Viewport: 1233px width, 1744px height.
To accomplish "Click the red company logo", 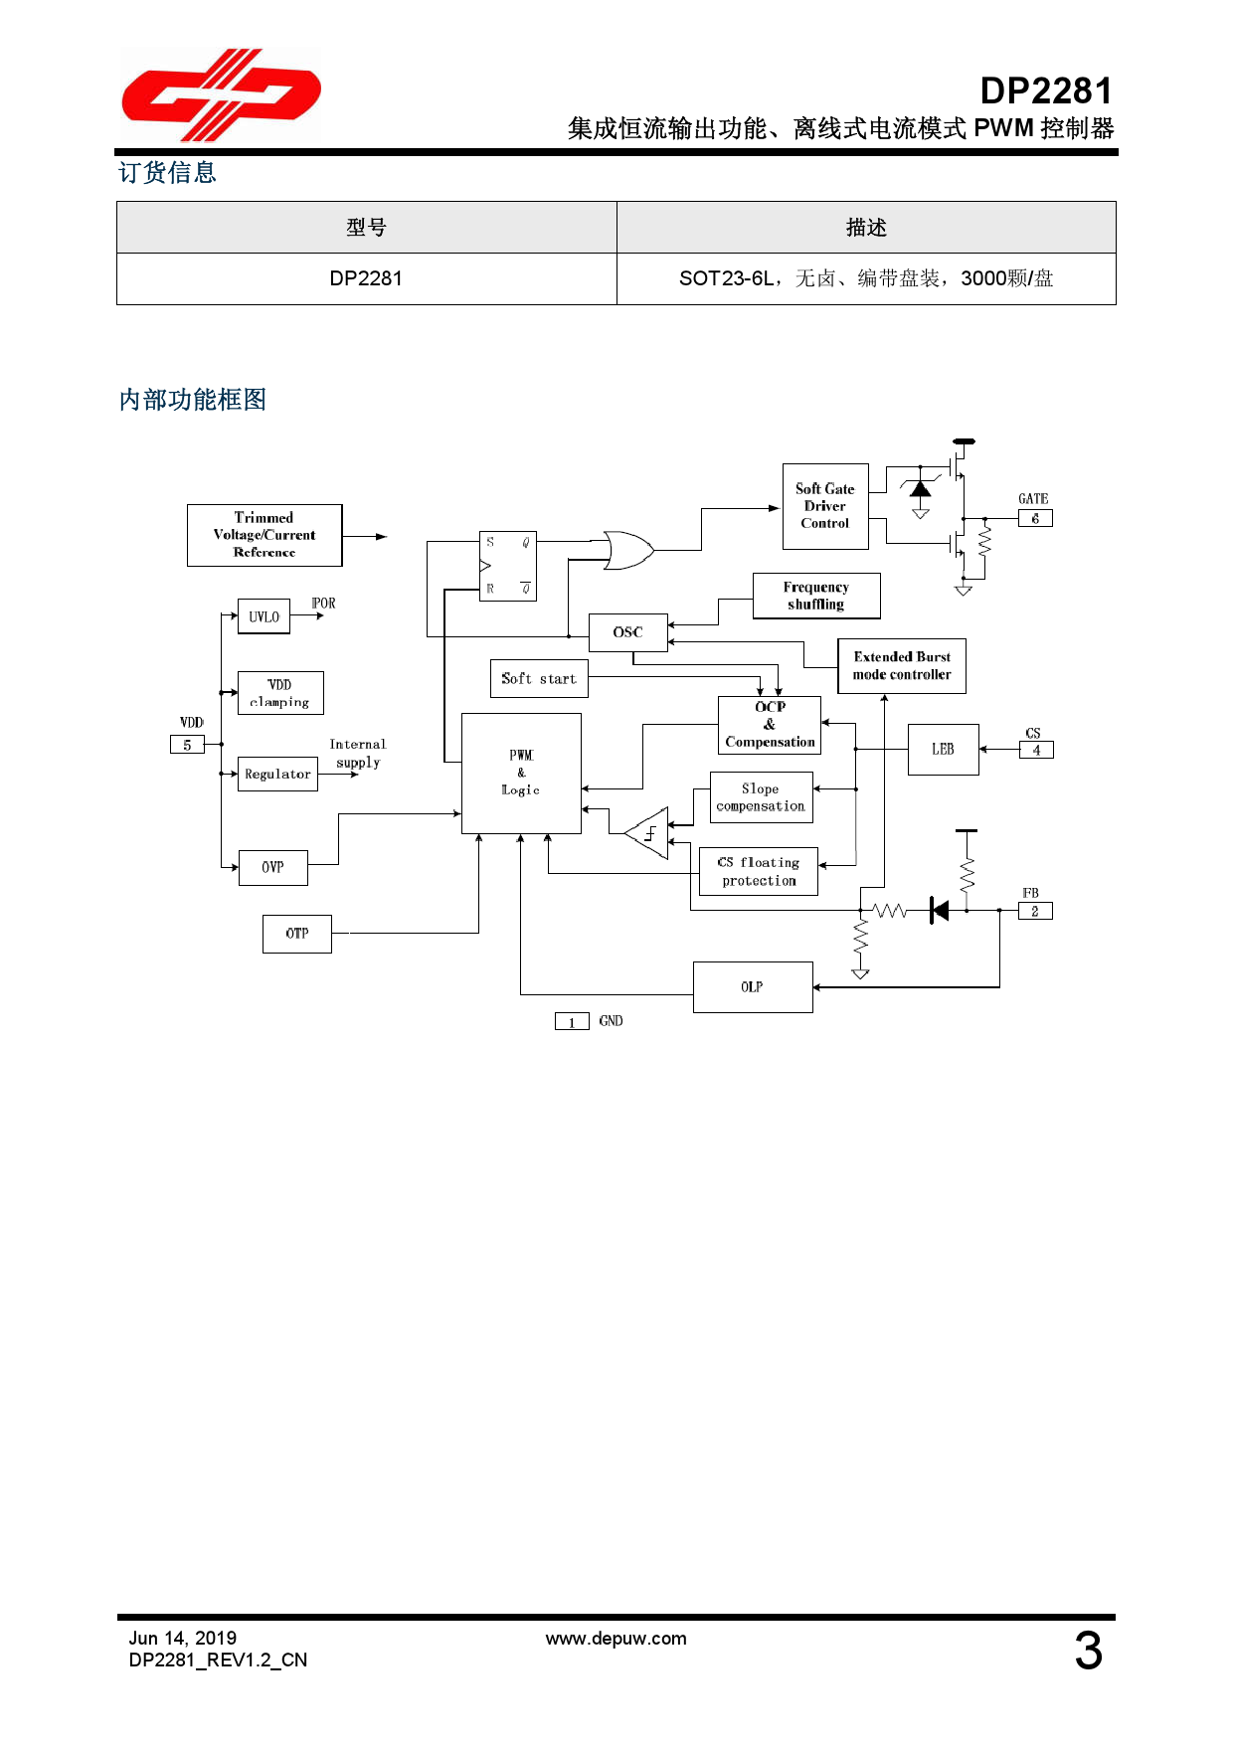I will (x=220, y=95).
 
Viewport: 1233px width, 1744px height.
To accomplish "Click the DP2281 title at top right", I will (x=1045, y=90).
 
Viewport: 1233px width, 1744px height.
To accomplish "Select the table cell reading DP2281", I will (x=366, y=278).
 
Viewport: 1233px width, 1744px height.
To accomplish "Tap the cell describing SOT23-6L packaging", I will (x=865, y=278).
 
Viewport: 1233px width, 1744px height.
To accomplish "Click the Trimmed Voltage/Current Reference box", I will (x=264, y=535).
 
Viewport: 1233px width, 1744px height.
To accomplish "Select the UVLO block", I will (x=264, y=616).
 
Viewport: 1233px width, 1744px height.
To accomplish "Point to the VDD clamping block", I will (x=280, y=693).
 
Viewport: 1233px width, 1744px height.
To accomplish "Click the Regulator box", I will (x=277, y=774).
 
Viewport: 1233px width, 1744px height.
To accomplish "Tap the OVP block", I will (x=272, y=867).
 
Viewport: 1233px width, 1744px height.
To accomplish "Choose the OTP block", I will (x=296, y=934).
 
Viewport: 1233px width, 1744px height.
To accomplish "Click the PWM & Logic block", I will (x=521, y=773).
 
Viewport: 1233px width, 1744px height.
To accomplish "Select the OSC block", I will (x=627, y=632).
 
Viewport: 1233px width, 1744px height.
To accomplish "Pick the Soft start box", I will (x=539, y=678).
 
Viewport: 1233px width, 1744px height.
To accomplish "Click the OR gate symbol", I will (x=627, y=550).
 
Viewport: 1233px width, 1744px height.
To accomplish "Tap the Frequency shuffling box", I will (x=816, y=596).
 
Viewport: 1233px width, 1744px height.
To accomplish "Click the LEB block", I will (x=943, y=749).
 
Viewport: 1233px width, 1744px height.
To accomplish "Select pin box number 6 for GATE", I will (x=1035, y=518).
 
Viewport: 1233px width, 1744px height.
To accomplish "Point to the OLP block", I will (x=752, y=986).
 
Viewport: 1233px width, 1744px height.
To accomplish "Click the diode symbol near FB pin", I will (x=939, y=910).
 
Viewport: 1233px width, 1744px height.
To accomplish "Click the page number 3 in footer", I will (x=1088, y=1651).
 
